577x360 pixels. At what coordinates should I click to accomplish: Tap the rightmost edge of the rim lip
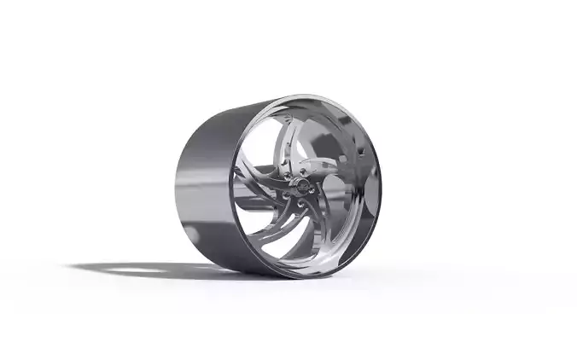tap(380, 183)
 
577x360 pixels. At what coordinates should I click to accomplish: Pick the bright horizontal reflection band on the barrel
tap(205, 183)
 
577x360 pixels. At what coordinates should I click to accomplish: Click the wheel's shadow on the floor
tap(171, 270)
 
